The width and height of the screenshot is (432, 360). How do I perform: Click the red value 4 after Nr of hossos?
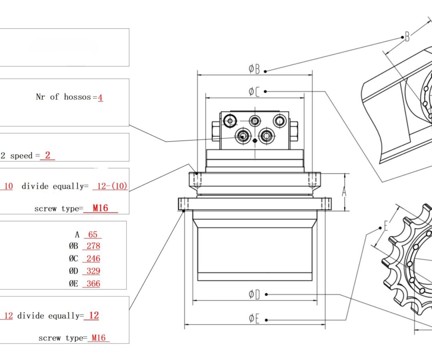pyautogui.click(x=100, y=97)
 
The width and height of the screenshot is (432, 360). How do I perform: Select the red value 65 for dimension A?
pyautogui.click(x=93, y=234)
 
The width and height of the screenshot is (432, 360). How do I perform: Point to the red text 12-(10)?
pyautogui.click(x=110, y=186)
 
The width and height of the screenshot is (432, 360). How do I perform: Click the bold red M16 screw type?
pyautogui.click(x=100, y=208)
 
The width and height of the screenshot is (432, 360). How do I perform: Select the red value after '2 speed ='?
pyautogui.click(x=48, y=156)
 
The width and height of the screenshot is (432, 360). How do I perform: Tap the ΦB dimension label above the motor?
pyautogui.click(x=254, y=69)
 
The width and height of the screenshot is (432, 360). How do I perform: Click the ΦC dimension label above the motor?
pyautogui.click(x=254, y=92)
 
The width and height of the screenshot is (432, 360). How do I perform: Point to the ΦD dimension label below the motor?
pyautogui.click(x=254, y=295)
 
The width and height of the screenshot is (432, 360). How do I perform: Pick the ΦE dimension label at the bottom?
pyautogui.click(x=254, y=319)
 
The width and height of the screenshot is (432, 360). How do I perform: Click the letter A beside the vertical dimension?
pyautogui.click(x=344, y=192)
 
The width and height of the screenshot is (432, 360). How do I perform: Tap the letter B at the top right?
pyautogui.click(x=407, y=38)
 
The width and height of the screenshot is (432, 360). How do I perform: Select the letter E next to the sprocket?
pyautogui.click(x=386, y=227)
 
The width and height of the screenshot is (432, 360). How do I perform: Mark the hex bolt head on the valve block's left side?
pyautogui.click(x=216, y=131)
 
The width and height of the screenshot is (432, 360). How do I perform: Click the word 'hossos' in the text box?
pyautogui.click(x=77, y=97)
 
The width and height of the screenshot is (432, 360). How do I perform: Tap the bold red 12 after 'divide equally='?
pyautogui.click(x=93, y=316)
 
